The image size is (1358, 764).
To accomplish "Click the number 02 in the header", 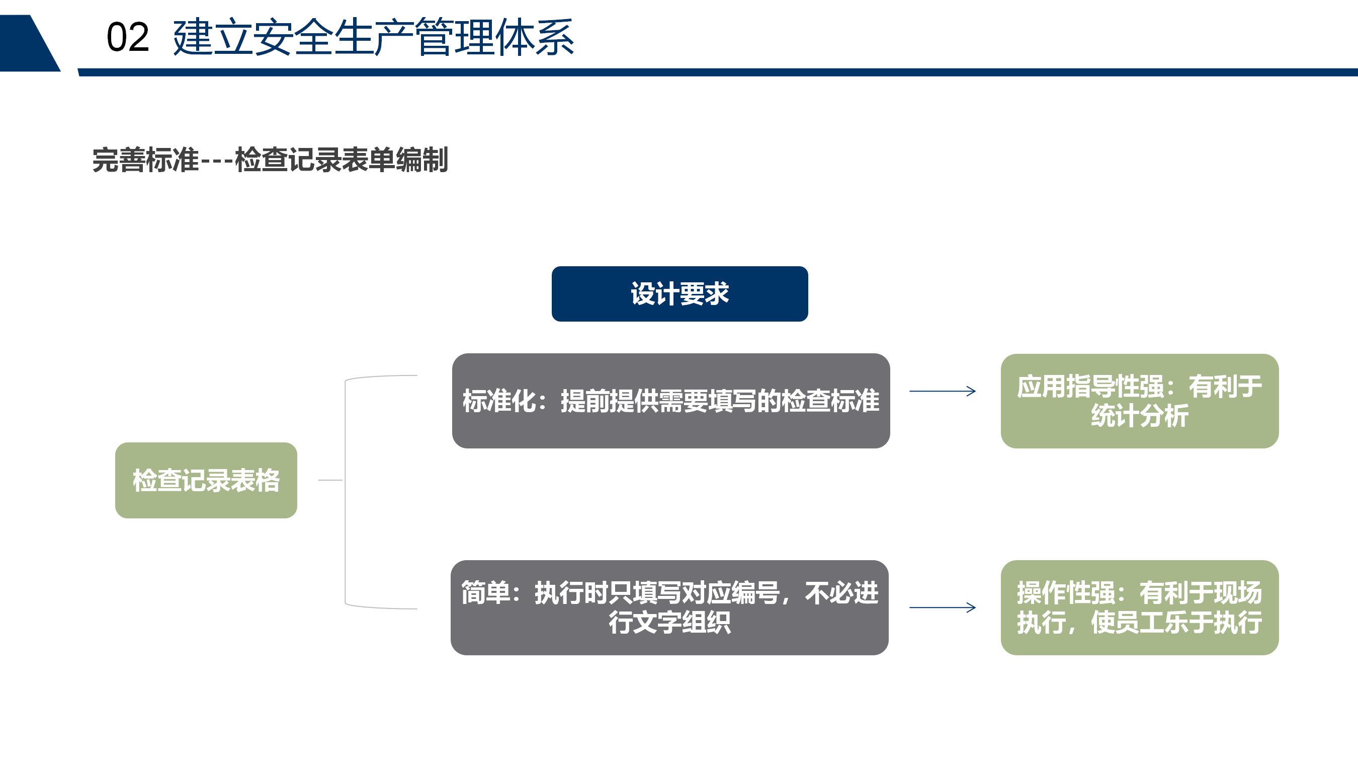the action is click(x=128, y=37).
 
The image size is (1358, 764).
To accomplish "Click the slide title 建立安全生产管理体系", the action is click(x=373, y=37).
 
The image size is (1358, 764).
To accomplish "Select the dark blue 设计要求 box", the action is click(x=680, y=294).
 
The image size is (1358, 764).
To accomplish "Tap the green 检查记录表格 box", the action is click(x=206, y=480).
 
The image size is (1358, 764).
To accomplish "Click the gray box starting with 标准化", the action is click(x=670, y=401).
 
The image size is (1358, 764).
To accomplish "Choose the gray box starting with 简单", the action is click(x=669, y=607).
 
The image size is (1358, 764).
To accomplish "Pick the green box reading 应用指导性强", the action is click(x=1140, y=401).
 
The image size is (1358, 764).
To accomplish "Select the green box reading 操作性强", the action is click(x=1140, y=607).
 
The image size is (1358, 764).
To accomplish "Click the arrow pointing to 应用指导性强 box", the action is click(x=943, y=391).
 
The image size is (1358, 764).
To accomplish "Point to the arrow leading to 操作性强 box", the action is click(x=943, y=608).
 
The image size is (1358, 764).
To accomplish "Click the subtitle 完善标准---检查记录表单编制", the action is click(x=270, y=160).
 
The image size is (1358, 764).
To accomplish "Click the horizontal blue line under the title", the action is click(x=718, y=72).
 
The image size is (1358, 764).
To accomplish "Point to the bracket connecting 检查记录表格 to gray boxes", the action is click(x=346, y=492).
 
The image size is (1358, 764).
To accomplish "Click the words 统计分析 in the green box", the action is click(x=1140, y=416).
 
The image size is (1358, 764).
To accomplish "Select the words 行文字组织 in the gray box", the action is click(x=669, y=622).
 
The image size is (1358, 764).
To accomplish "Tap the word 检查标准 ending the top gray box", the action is click(x=830, y=401).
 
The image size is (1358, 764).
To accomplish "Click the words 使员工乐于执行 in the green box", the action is click(x=1176, y=622).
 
